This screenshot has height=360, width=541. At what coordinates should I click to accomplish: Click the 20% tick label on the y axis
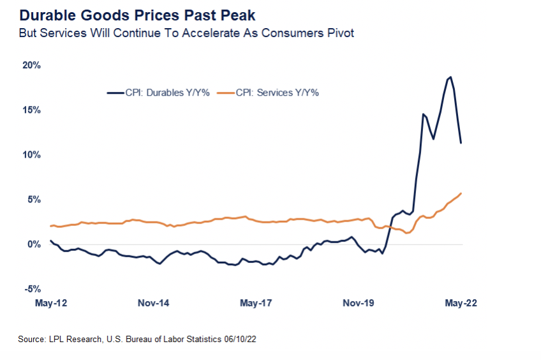coord(32,65)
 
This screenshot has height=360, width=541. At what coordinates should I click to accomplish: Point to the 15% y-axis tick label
coord(32,110)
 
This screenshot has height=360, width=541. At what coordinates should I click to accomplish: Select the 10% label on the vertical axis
coord(32,154)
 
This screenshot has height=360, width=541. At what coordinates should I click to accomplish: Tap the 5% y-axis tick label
coord(34,199)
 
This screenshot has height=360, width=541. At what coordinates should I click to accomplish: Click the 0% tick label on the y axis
coord(34,244)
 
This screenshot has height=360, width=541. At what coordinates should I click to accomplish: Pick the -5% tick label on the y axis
coord(33,289)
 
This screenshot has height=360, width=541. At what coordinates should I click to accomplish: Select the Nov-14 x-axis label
coord(153,303)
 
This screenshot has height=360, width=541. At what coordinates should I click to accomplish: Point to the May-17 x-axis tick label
coord(256,303)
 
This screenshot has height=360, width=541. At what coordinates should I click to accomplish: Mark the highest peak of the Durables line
coord(451,77)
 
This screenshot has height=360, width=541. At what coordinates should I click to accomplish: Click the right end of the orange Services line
coord(461,193)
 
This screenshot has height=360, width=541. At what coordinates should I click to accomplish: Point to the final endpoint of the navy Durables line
coord(461,143)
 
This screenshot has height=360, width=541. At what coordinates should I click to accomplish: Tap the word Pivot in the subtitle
coord(338,33)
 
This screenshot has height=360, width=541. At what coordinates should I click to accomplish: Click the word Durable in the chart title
coord(41,14)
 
